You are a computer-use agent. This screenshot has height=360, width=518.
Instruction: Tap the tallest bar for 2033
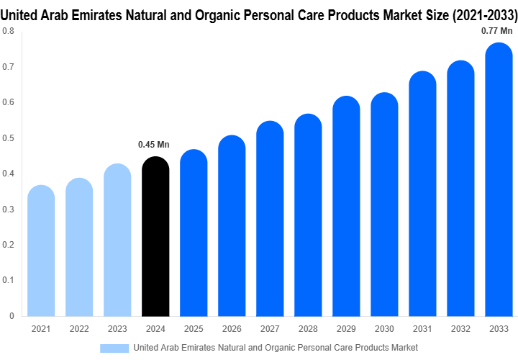click(x=499, y=179)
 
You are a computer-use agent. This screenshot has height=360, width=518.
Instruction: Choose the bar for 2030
click(x=384, y=204)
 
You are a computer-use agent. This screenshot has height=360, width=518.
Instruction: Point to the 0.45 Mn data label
click(x=153, y=145)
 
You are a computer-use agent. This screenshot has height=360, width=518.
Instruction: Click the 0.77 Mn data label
click(x=497, y=30)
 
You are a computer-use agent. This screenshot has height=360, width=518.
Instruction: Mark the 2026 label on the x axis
click(x=232, y=329)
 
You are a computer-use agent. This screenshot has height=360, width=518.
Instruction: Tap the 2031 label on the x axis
click(x=422, y=329)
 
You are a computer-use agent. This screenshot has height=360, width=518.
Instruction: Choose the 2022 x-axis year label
click(x=79, y=329)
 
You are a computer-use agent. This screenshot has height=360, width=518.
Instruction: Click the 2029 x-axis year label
click(x=346, y=329)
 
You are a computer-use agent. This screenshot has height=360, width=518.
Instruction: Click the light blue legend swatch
click(x=114, y=348)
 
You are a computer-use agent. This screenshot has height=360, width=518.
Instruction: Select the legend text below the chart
click(x=276, y=348)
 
